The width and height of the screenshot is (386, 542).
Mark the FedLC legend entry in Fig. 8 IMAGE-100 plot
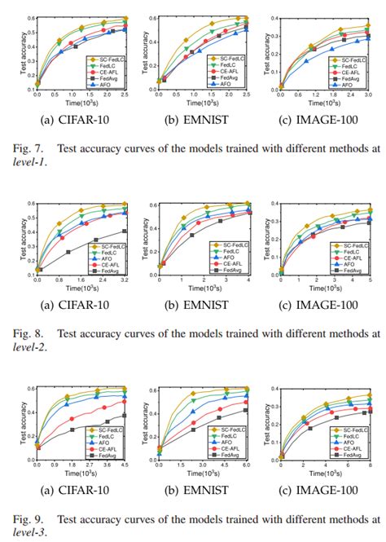[x=353, y=252]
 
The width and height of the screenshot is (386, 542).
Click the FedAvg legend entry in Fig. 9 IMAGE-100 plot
[x=355, y=456]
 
